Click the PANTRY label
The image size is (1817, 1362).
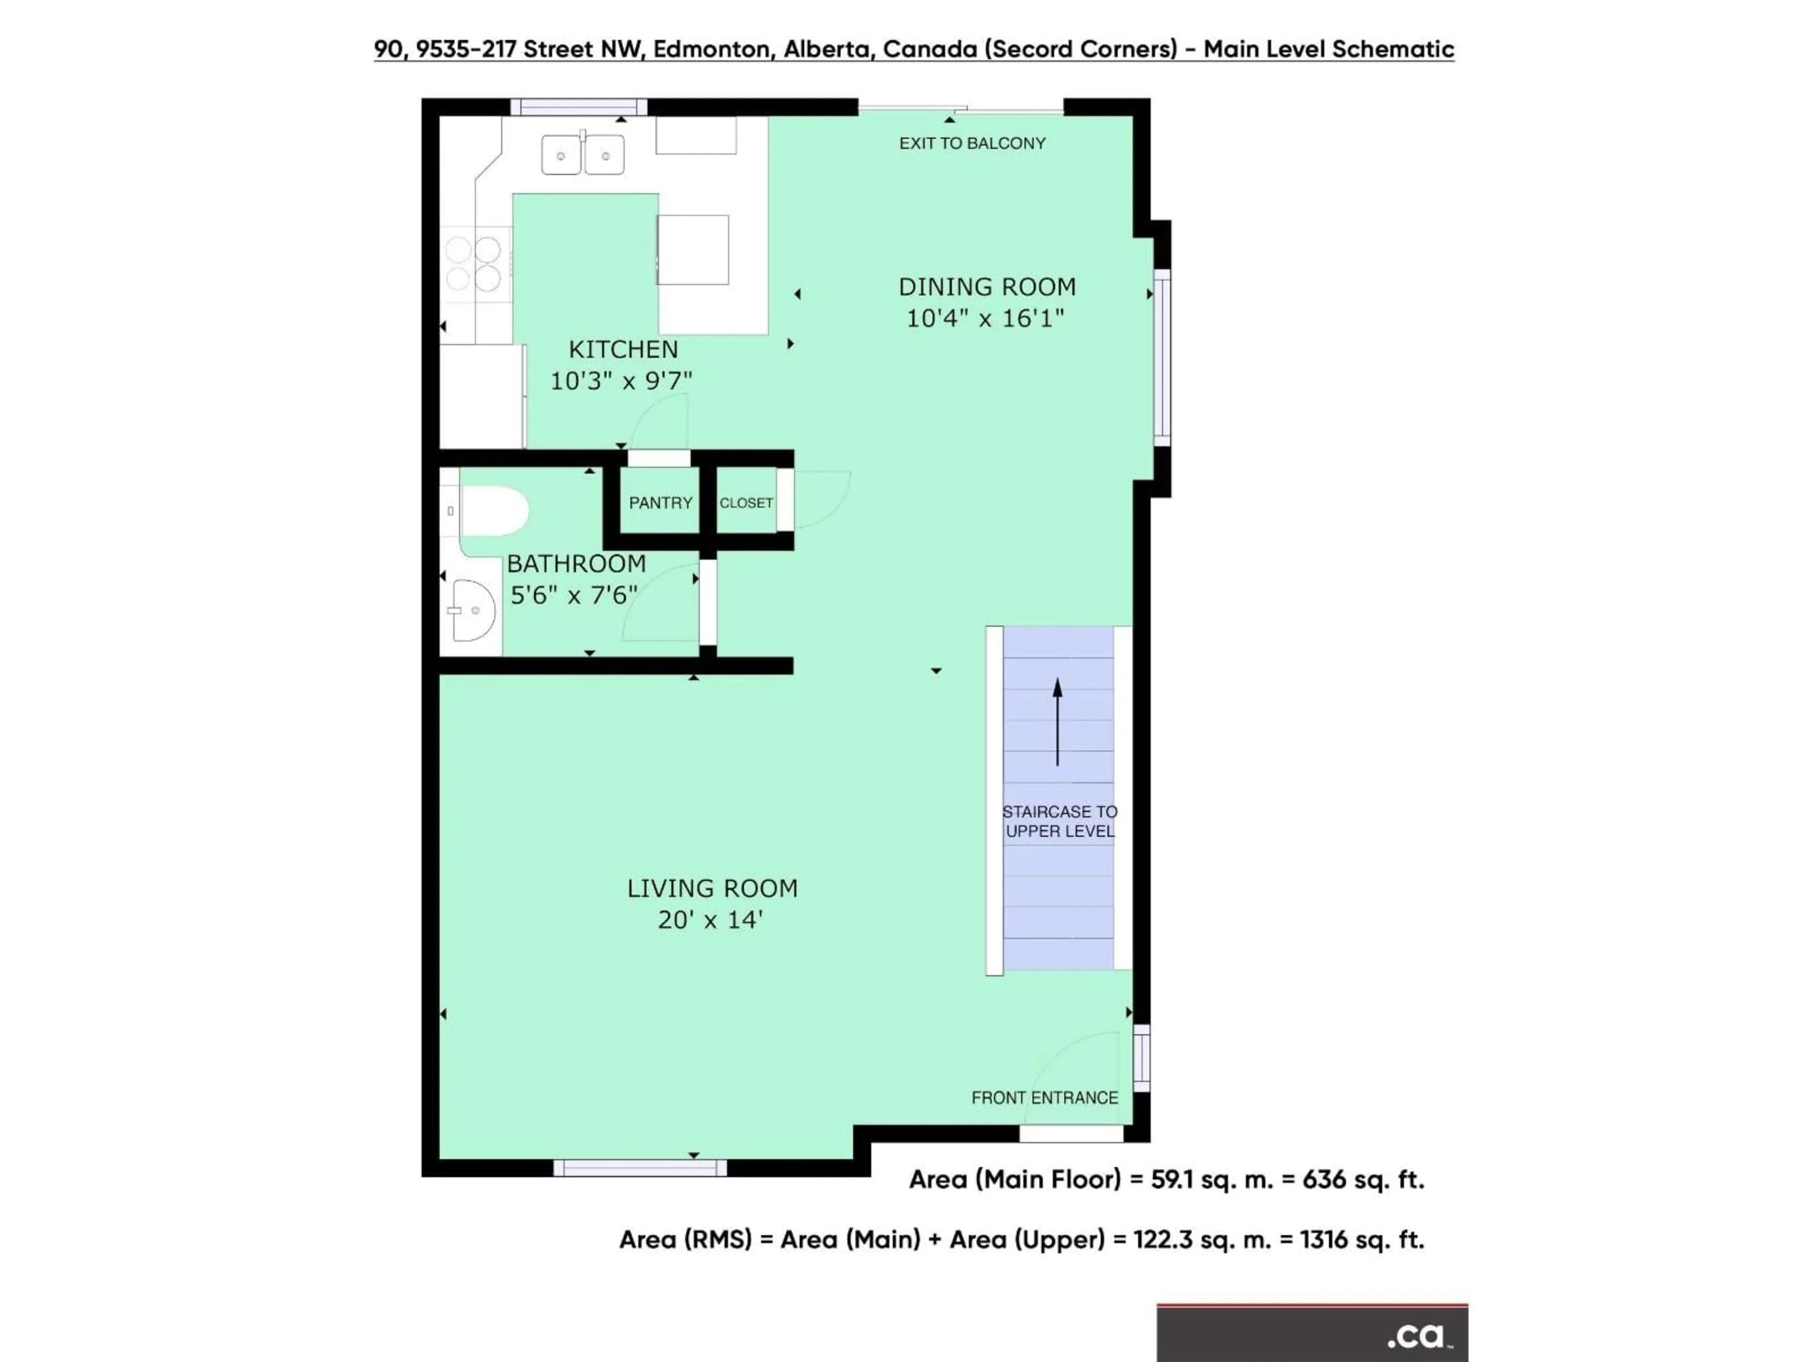[x=661, y=502]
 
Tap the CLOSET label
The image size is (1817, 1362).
[x=746, y=502]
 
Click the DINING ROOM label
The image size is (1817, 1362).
[x=987, y=287]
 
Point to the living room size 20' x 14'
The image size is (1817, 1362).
[x=711, y=919]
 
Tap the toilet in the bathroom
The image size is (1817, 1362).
[x=494, y=512]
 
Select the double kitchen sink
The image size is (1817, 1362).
[x=582, y=155]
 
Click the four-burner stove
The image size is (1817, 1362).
[x=474, y=263]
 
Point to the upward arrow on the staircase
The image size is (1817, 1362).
[x=1057, y=721]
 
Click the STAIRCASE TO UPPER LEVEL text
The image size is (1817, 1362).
[x=1059, y=821]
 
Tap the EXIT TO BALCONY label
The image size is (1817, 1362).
[x=972, y=144]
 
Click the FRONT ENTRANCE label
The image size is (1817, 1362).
[x=1044, y=1098]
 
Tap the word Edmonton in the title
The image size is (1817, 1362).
[x=711, y=49]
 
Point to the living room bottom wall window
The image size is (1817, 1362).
[x=640, y=1168]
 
